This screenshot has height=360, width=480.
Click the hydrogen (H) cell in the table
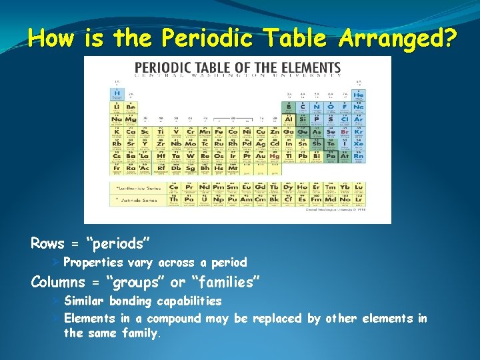(x=117, y=93)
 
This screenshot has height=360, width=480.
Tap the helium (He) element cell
(x=359, y=93)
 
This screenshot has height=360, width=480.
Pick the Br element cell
(x=345, y=132)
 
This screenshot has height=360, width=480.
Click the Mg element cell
(x=131, y=119)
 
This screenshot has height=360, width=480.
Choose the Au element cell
(x=261, y=157)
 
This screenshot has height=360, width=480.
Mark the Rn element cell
(x=359, y=157)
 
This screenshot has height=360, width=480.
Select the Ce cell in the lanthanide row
(x=173, y=187)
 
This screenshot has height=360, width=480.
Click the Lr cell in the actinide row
(x=359, y=199)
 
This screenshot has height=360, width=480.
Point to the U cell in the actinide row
(x=203, y=199)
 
